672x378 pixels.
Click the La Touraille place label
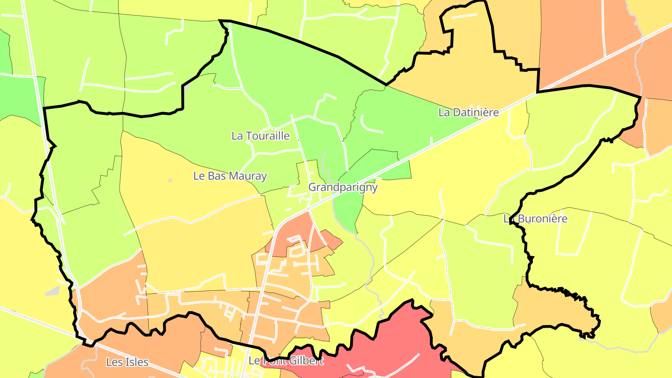click(x=260, y=136)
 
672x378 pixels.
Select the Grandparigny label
click(x=343, y=188)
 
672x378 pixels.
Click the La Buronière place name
click(x=536, y=219)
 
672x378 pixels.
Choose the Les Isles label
click(x=127, y=362)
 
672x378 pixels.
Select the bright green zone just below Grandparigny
click(x=348, y=210)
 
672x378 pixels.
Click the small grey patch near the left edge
click(x=53, y=291)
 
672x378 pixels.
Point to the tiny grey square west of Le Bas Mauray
click(x=170, y=181)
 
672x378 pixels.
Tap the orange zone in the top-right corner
click(x=583, y=42)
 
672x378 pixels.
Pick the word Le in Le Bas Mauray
click(x=198, y=176)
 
